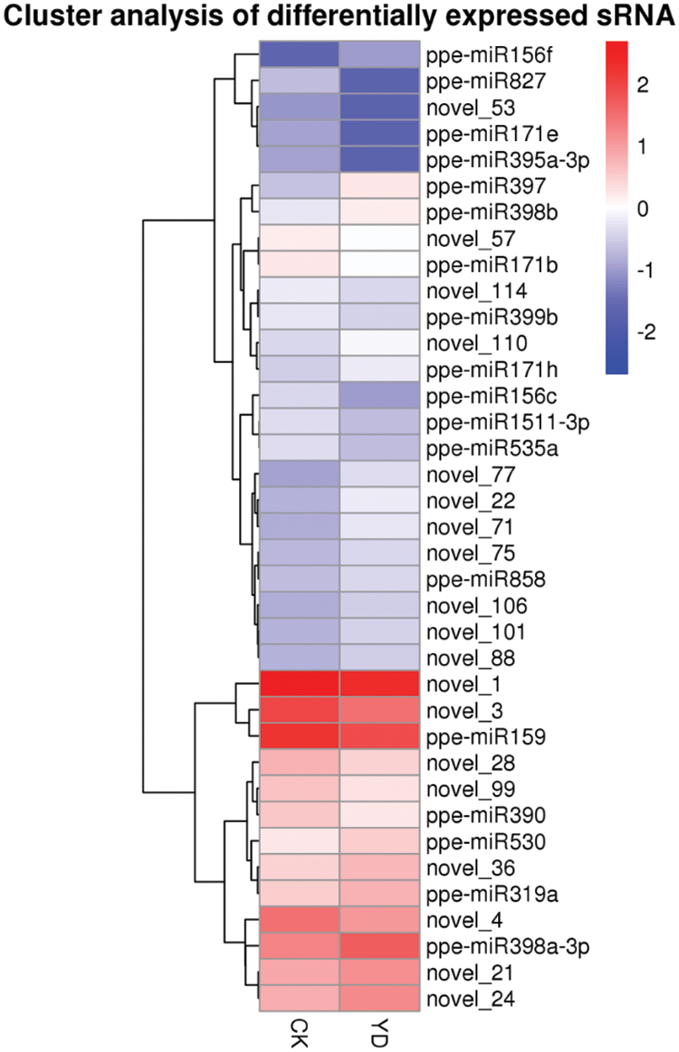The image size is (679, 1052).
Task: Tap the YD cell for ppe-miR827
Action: [x=378, y=81]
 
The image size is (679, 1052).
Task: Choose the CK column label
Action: [x=300, y=1032]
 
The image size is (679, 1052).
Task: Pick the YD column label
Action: [x=378, y=1032]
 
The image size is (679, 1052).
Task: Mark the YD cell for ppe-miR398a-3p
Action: [x=378, y=947]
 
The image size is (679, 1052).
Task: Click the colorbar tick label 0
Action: [x=643, y=209]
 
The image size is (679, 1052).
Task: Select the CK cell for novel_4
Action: [x=300, y=921]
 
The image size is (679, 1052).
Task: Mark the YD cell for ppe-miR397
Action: [x=378, y=185]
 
